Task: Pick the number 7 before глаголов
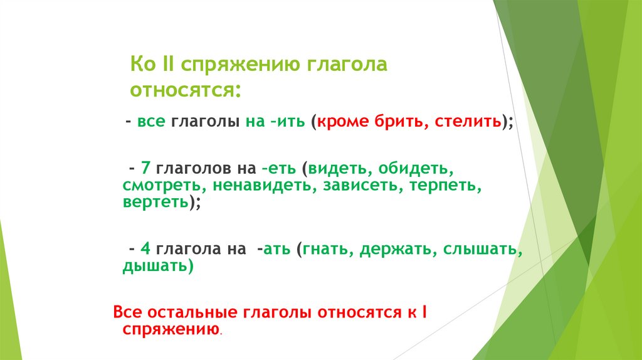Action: pyautogui.click(x=144, y=169)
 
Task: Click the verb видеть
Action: pyautogui.click(x=332, y=169)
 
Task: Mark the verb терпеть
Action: pyautogui.click(x=447, y=186)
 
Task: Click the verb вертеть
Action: pyautogui.click(x=155, y=203)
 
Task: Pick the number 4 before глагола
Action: pyautogui.click(x=144, y=250)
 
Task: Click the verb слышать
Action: pyautogui.click(x=480, y=250)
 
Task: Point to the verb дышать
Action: pyautogui.click(x=154, y=266)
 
